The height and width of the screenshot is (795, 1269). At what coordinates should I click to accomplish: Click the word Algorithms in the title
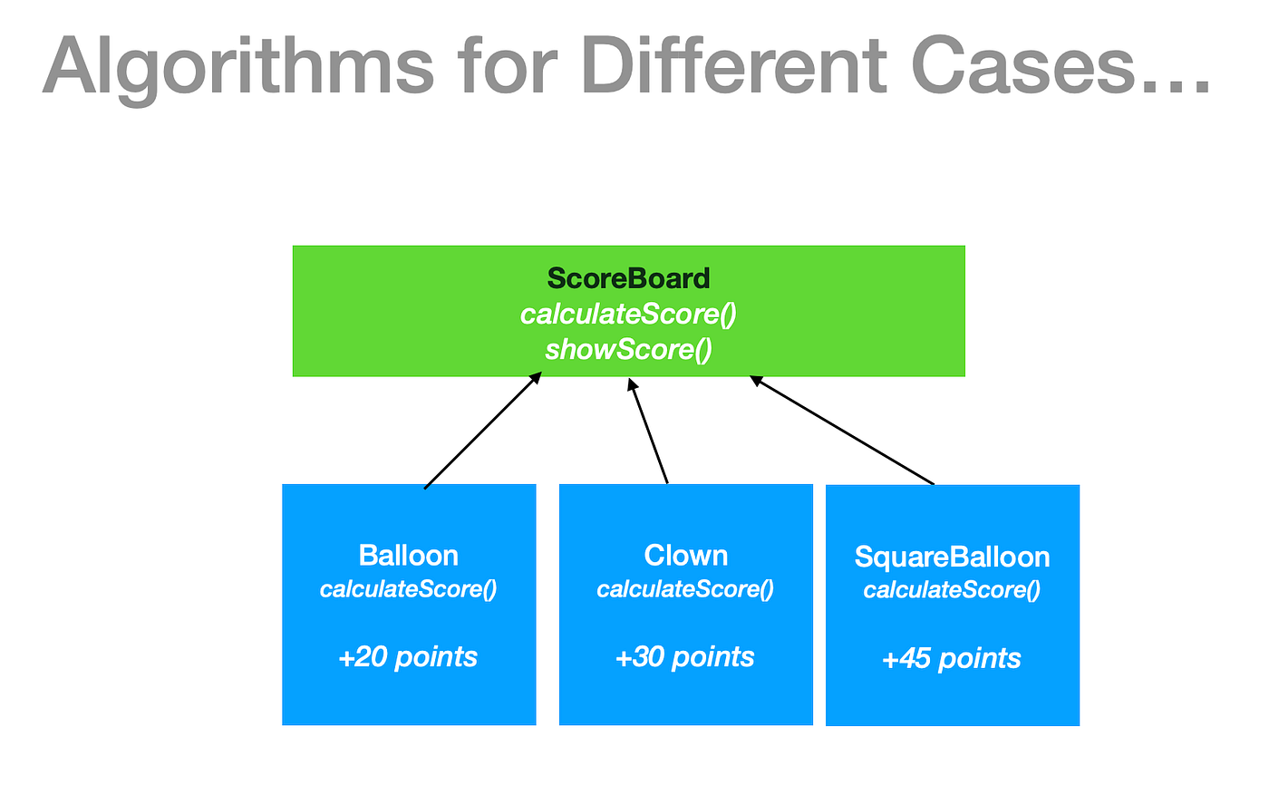238,68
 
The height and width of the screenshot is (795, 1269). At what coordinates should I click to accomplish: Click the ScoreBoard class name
628,278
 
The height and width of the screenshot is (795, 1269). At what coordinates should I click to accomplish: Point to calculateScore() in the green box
628,314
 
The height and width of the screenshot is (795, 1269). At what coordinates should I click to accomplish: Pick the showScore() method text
628,349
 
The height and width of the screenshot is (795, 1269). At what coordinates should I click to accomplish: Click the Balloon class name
408,555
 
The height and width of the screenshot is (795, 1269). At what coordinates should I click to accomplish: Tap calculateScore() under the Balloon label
408,589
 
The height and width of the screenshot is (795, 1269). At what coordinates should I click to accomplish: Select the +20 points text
408,656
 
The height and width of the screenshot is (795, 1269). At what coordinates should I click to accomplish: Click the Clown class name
685,555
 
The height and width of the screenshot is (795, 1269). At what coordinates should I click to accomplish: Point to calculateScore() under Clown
685,589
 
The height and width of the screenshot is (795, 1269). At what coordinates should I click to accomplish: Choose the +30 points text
685,656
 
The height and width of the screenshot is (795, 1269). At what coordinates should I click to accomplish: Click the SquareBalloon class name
952,557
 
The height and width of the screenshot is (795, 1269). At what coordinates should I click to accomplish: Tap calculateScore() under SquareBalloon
952,590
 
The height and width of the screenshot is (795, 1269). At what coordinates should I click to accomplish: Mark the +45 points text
952,658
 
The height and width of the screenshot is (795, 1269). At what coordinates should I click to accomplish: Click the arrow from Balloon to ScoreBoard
482,431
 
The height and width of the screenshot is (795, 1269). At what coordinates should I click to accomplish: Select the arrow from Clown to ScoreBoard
649,431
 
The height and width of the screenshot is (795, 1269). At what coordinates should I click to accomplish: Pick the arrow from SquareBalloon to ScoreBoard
843,431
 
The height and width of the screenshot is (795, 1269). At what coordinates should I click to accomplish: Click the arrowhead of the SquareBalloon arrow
755,381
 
